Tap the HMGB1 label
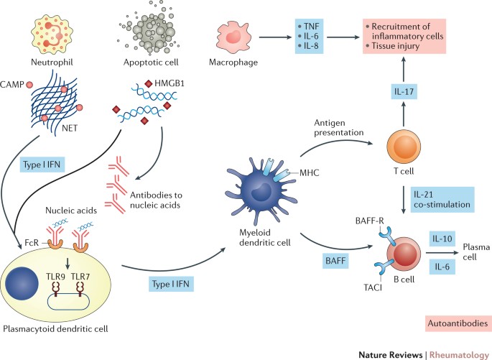pos(183,83)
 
